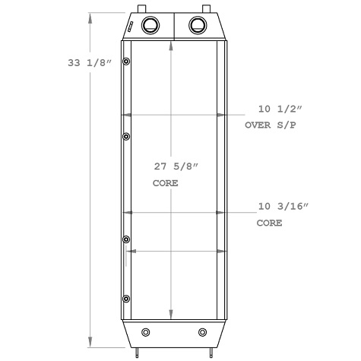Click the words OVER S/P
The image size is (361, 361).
point(270,125)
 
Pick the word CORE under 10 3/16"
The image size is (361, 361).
point(269,223)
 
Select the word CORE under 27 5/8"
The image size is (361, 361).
point(165,183)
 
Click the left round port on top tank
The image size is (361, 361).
point(150,24)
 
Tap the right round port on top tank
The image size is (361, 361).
point(198,24)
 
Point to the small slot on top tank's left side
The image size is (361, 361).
point(131,27)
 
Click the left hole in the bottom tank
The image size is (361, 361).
point(146,332)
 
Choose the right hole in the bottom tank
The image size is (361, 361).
point(202,332)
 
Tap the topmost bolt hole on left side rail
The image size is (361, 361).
point(125,62)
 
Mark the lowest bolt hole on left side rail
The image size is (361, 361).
point(125,298)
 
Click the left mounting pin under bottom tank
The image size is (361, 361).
point(138,351)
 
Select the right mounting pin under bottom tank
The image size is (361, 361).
point(210,351)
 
